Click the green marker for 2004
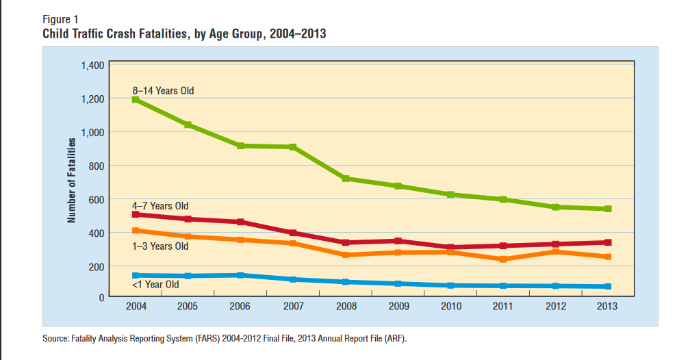[x=136, y=100]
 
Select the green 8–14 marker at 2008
[x=346, y=178]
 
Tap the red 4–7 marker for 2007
[x=293, y=233]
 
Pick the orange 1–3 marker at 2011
[x=503, y=259]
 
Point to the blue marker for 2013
[x=608, y=286]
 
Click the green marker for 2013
[x=608, y=209]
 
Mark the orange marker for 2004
[x=136, y=231]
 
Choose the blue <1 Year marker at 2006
[x=240, y=275]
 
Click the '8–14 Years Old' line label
[x=163, y=90]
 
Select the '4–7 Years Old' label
[x=160, y=206]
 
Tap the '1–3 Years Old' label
[x=160, y=246]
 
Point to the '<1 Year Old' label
[x=155, y=285]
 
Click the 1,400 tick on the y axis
[x=92, y=66]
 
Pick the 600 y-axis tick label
[x=97, y=200]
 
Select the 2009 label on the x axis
[x=398, y=306]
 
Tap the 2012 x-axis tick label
[x=556, y=306]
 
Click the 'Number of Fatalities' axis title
[x=72, y=181]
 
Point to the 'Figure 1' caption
[x=60, y=19]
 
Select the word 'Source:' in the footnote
[x=55, y=338]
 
